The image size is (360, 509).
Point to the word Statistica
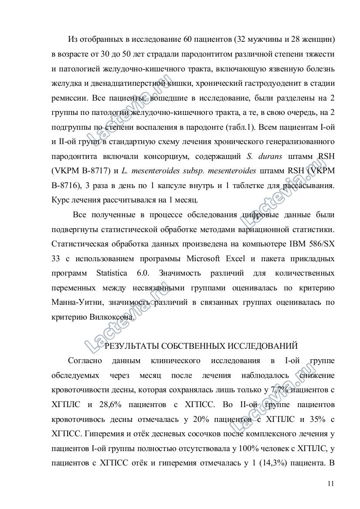[x=112, y=273]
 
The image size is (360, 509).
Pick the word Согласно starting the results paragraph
[x=85, y=361]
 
